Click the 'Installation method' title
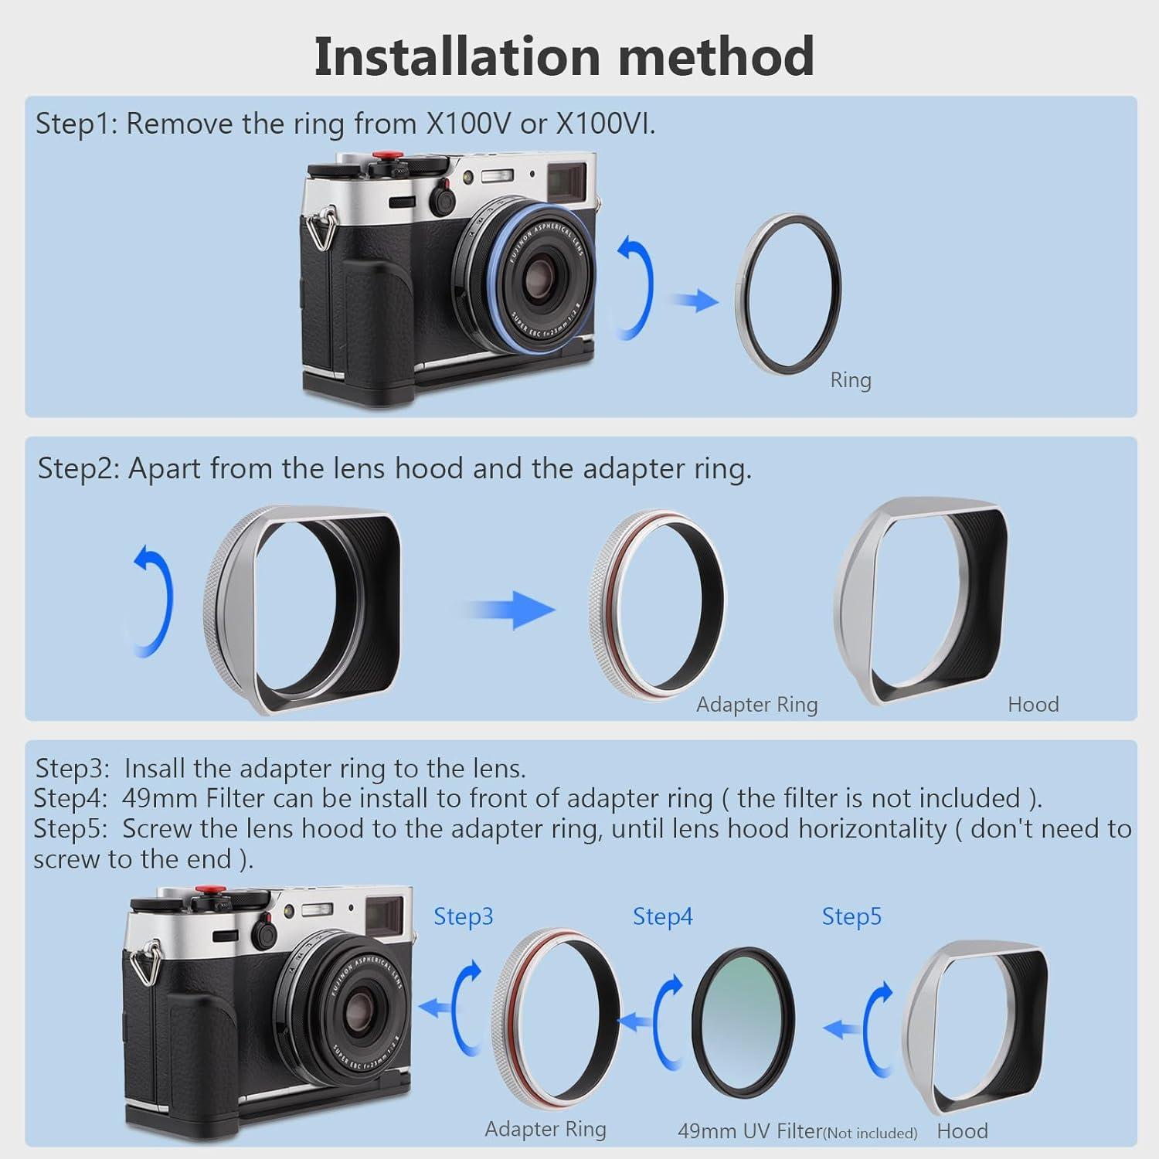pos(564,56)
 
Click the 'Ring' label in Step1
pos(850,380)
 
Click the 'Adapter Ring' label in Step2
pos(756,705)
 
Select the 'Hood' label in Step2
pos(1032,705)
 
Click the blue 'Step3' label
pos(463,916)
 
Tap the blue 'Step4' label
pos(662,916)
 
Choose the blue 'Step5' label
pos(851,916)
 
